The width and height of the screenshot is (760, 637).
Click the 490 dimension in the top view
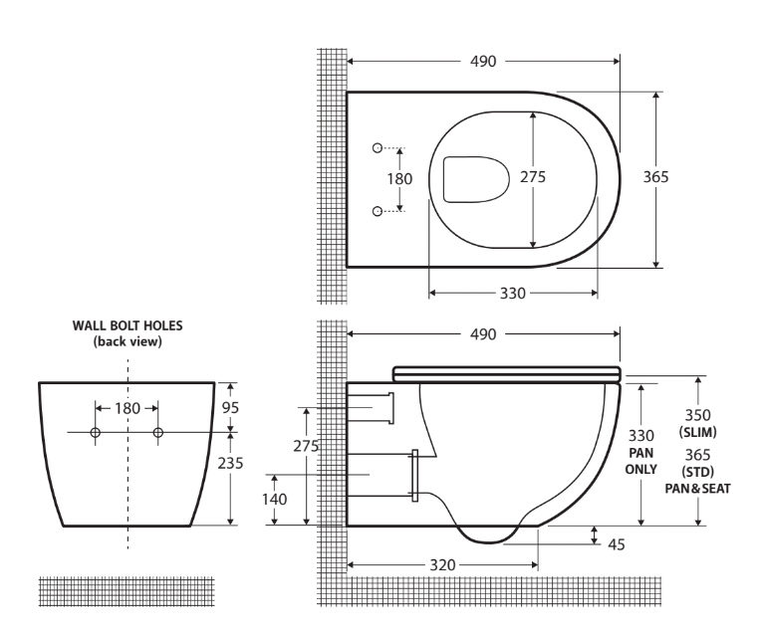(481, 61)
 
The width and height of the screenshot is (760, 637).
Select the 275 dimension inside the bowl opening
(533, 176)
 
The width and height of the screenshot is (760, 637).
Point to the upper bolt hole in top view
(378, 148)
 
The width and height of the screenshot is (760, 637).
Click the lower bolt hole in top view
(378, 210)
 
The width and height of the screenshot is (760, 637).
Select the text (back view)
(127, 342)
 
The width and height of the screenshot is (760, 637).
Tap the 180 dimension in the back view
(127, 408)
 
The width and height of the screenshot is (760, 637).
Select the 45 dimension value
(617, 543)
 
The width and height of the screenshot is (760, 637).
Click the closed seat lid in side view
(507, 373)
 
